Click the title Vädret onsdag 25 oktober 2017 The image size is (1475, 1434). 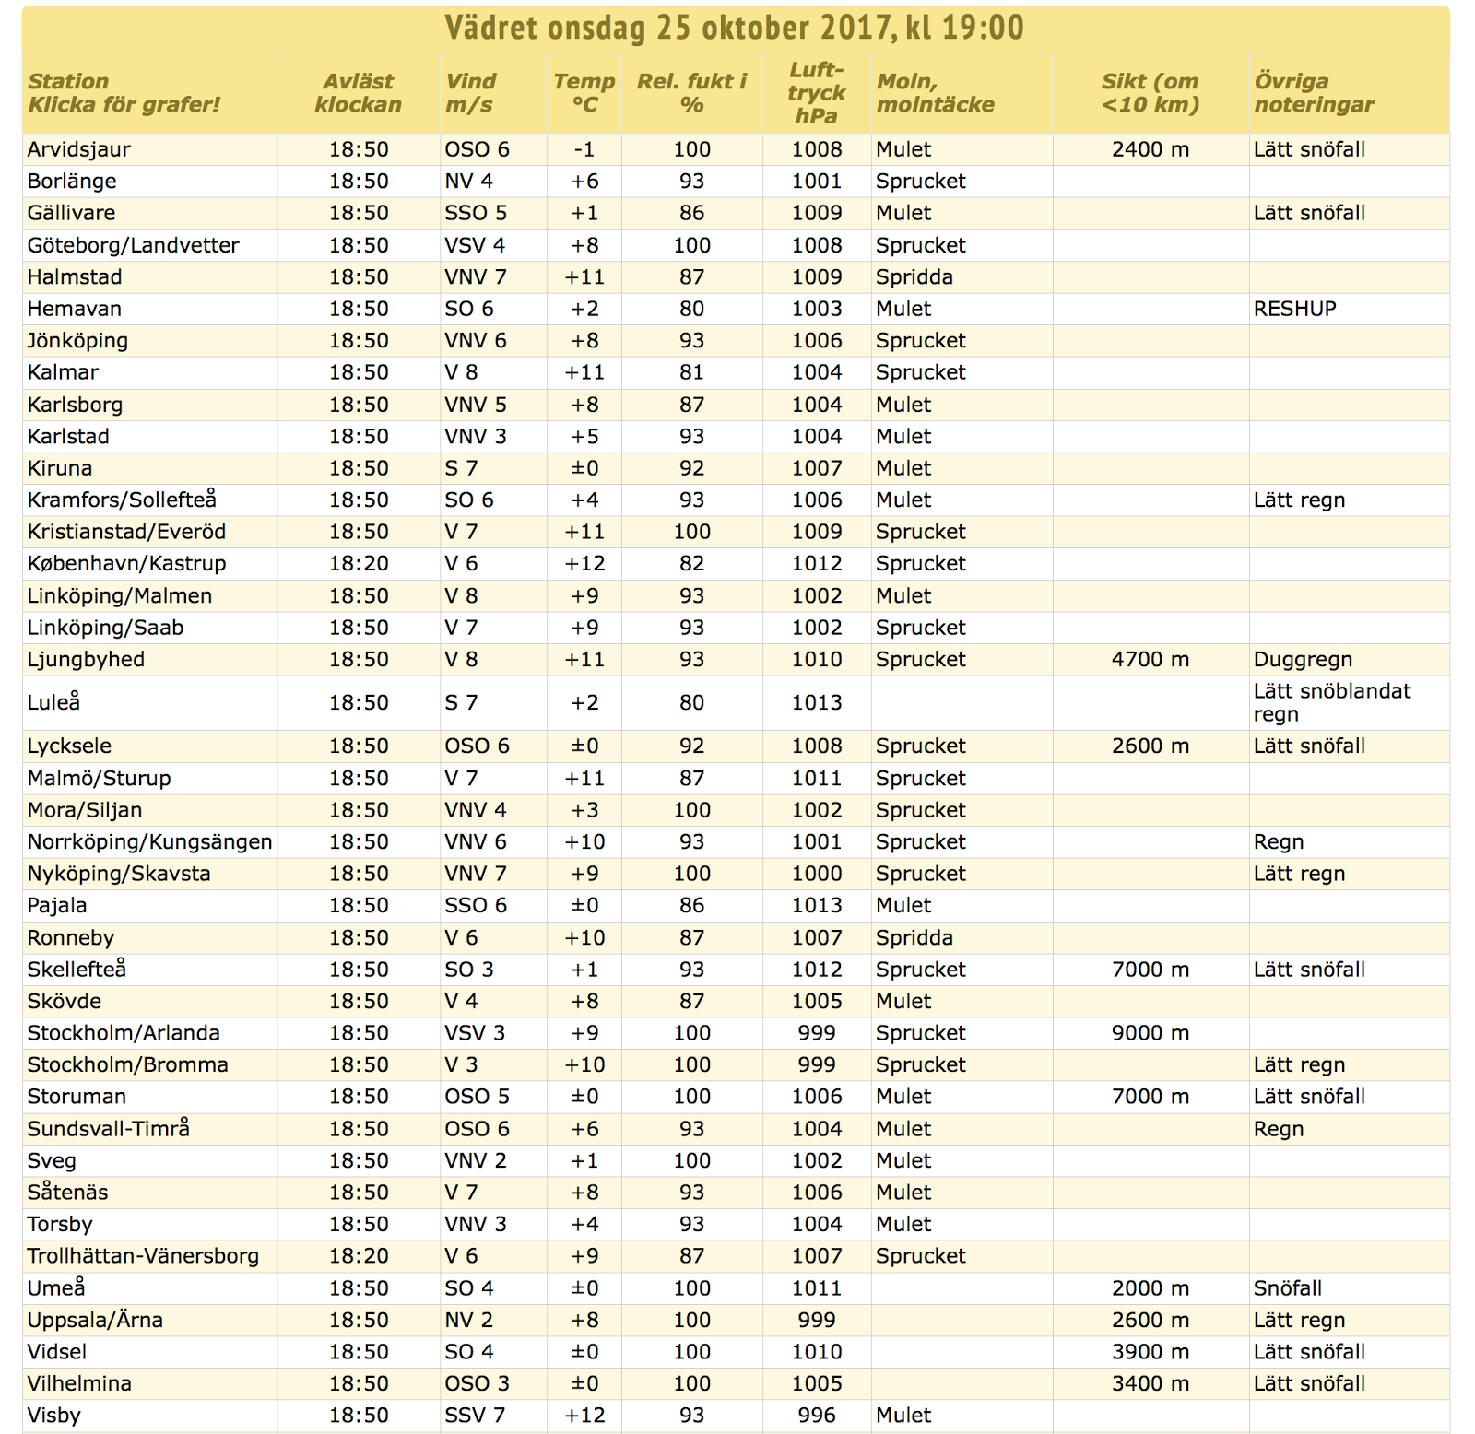click(x=667, y=28)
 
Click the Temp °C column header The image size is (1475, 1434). click(x=584, y=93)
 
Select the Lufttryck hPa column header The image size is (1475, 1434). click(x=816, y=92)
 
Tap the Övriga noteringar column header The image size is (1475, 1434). click(x=1314, y=93)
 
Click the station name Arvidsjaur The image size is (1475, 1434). click(x=79, y=149)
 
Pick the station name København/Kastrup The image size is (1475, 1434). click(x=126, y=563)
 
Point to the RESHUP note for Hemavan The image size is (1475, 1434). click(x=1294, y=309)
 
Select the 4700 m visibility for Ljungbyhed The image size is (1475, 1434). click(x=1150, y=660)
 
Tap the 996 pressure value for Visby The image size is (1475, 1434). click(x=817, y=1416)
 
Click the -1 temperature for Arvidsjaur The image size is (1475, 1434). click(x=584, y=149)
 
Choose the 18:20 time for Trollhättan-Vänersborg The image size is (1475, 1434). click(x=359, y=1256)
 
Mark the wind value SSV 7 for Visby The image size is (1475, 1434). click(x=475, y=1416)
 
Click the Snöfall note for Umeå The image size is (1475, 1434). click(x=1288, y=1288)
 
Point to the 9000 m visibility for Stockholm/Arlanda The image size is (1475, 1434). click(x=1150, y=1033)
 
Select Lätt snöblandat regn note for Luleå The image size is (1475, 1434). click(x=1331, y=702)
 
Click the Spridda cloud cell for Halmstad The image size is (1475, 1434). click(x=914, y=277)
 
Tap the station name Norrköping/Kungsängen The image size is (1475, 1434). click(x=149, y=842)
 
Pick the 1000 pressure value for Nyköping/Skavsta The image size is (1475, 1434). click(x=817, y=874)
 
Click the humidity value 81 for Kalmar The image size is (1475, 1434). click(x=691, y=372)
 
